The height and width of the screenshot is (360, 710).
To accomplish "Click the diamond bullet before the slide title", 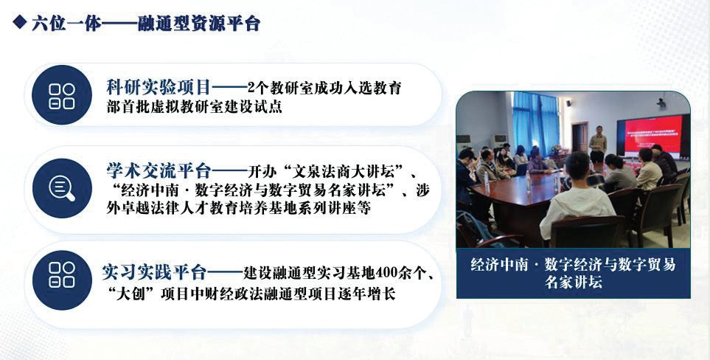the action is (20, 21).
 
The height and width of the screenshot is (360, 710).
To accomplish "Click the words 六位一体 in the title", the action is (67, 23).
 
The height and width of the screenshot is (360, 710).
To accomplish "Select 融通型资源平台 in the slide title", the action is (199, 23).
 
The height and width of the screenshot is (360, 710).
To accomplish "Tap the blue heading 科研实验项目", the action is (159, 87).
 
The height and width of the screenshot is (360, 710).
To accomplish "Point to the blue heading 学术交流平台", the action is (159, 171).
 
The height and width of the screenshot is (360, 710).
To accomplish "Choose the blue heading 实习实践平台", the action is (154, 272).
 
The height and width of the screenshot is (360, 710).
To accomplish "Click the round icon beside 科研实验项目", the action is (62, 96).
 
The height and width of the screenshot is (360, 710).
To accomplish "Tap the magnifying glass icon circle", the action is (62, 188).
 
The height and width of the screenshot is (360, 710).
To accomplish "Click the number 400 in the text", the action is (386, 273).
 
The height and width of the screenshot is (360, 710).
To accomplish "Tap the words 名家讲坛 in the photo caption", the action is (574, 282).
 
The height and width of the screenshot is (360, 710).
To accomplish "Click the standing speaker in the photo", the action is (598, 144).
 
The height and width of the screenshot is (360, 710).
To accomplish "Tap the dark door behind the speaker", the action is (580, 137).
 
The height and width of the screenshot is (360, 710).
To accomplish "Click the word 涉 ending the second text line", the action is (422, 190).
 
